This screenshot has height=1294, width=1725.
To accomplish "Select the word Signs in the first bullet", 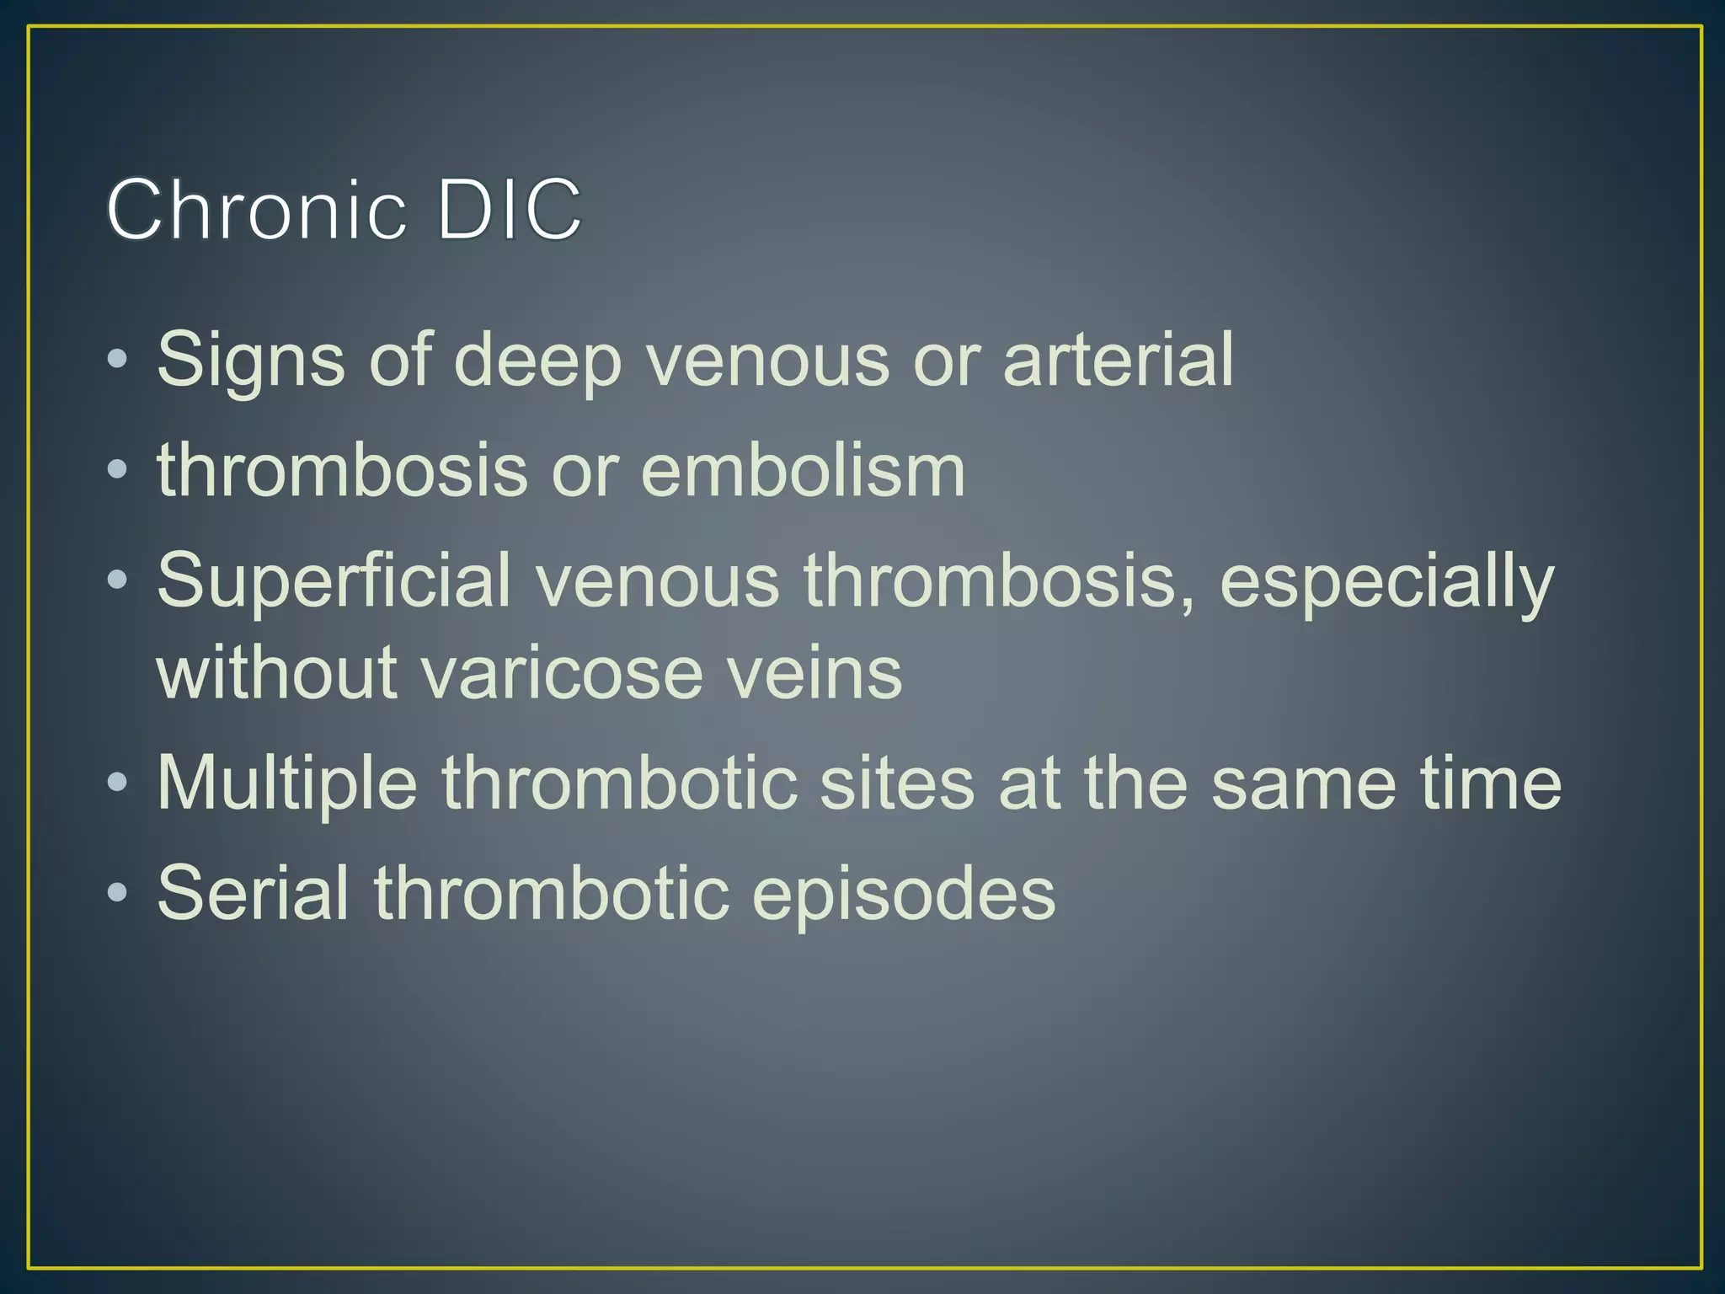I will (x=250, y=361).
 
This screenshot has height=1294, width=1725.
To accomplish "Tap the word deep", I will (x=539, y=361).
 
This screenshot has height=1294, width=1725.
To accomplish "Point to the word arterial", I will (x=1118, y=361).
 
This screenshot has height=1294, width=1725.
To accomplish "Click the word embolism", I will (x=803, y=471).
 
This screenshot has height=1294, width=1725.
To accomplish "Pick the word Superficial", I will (x=334, y=580).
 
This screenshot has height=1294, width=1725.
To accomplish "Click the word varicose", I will (x=561, y=673).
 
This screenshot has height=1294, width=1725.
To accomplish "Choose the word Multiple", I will (x=287, y=784).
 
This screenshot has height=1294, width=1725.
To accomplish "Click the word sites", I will (x=896, y=784).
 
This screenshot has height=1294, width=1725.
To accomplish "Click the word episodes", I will (x=903, y=895).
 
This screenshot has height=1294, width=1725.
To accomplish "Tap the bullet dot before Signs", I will (x=118, y=361).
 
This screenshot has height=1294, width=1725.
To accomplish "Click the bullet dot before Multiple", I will (x=118, y=784).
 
